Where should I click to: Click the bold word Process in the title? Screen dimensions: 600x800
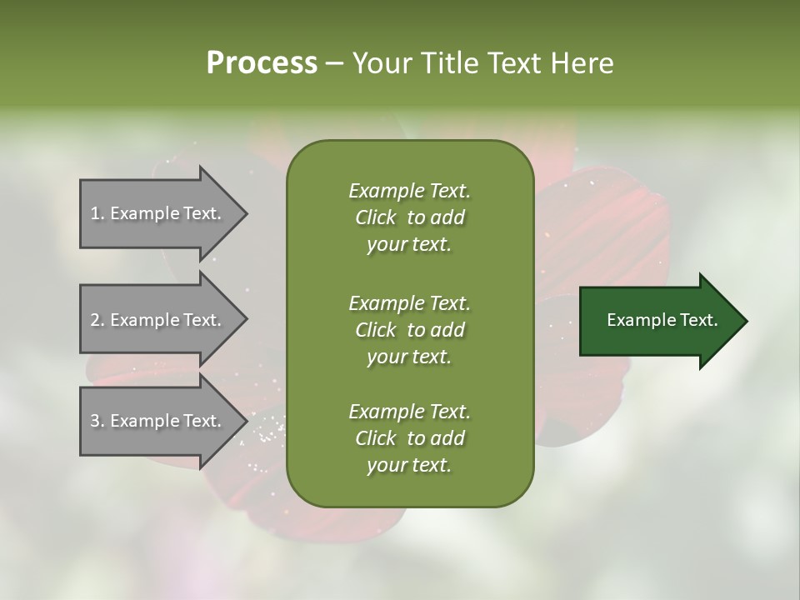262,63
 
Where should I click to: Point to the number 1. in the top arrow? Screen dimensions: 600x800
97,213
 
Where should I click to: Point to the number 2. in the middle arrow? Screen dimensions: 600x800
97,320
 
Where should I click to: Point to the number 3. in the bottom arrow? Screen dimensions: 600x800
97,421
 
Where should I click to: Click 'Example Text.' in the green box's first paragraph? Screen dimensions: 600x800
409,191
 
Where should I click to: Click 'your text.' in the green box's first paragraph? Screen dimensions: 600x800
409,245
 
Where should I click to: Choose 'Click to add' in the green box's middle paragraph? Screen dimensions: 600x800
409,330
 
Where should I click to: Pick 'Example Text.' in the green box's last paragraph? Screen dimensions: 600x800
409,412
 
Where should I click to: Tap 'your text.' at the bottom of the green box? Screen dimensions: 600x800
409,466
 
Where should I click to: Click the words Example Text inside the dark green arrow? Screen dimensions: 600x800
662,320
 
